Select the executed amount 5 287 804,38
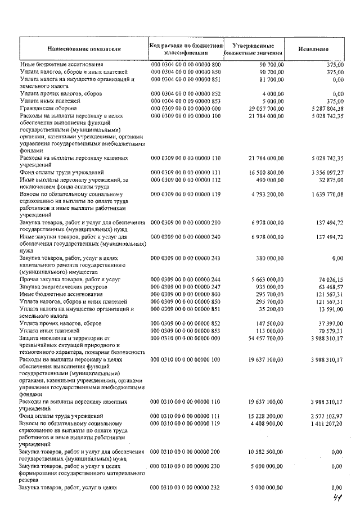coord(326,108)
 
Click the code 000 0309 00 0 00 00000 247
coord(186,287)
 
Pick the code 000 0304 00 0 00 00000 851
coord(186,80)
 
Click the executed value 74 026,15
coord(330,280)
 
